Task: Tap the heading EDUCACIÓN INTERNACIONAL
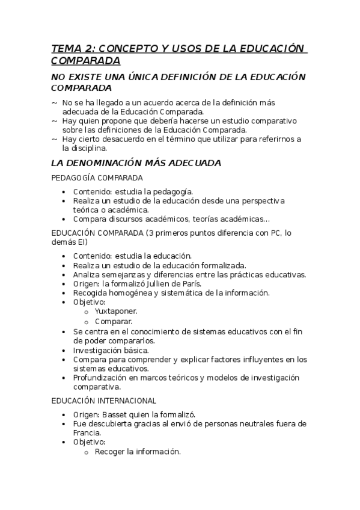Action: (103, 400)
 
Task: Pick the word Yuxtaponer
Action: (116, 312)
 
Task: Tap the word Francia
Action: (87, 432)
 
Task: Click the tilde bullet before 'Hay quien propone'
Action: (55, 121)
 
